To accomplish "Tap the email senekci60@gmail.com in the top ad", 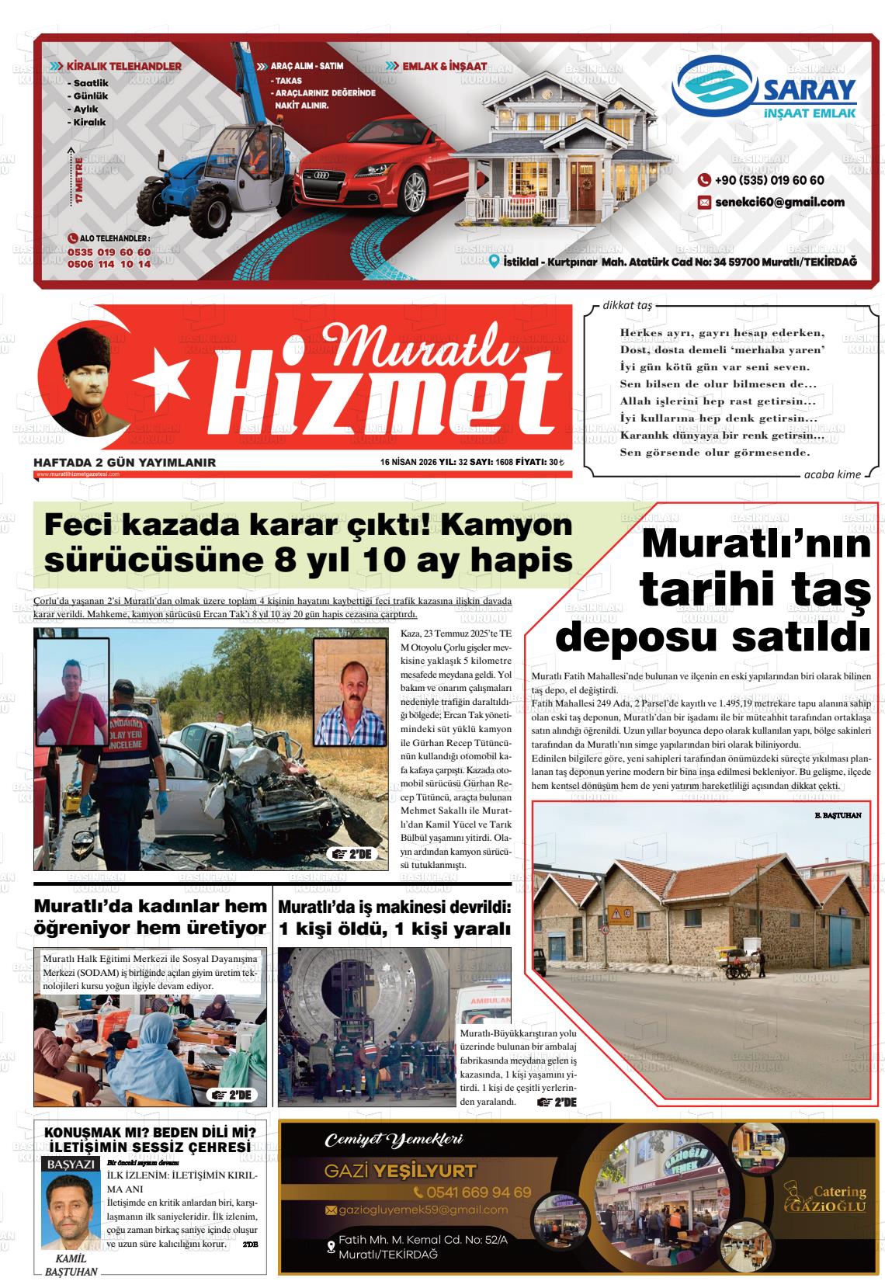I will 779,203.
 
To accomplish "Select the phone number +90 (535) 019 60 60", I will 769,180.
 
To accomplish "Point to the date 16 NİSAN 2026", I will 408,463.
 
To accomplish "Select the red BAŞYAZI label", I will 71,1165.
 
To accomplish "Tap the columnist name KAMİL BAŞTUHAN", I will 71,1265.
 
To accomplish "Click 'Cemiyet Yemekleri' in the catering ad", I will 394,1140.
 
